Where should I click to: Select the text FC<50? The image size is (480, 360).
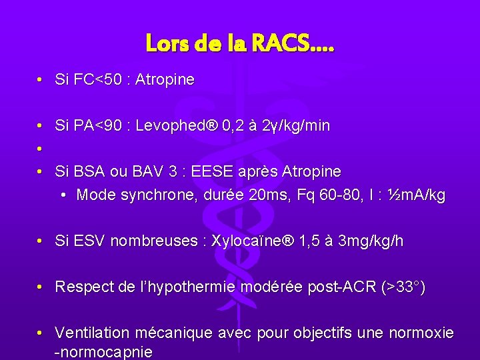tap(94, 80)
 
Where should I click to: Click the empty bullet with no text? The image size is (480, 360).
tap(41, 149)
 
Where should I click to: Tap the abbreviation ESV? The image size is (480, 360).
tap(89, 241)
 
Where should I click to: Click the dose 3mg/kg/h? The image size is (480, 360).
tap(371, 241)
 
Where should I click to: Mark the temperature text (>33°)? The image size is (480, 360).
tap(402, 287)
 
